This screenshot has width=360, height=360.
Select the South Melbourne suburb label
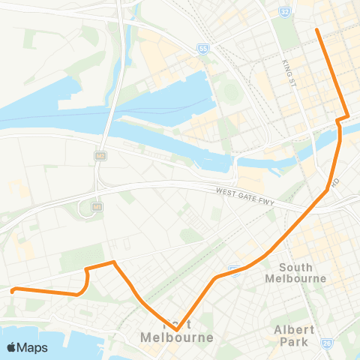[295, 272]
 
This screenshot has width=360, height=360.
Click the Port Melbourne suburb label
[177, 332]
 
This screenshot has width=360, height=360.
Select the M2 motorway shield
[99, 155]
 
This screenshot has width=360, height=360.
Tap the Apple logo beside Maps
[11, 347]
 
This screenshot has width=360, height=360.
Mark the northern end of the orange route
[317, 30]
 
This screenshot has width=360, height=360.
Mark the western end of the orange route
[12, 290]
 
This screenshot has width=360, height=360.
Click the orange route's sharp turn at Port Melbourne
[175, 328]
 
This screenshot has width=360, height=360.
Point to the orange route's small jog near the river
[342, 118]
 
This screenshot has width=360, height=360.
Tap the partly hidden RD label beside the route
[337, 181]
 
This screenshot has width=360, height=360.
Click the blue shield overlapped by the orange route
[235, 268]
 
